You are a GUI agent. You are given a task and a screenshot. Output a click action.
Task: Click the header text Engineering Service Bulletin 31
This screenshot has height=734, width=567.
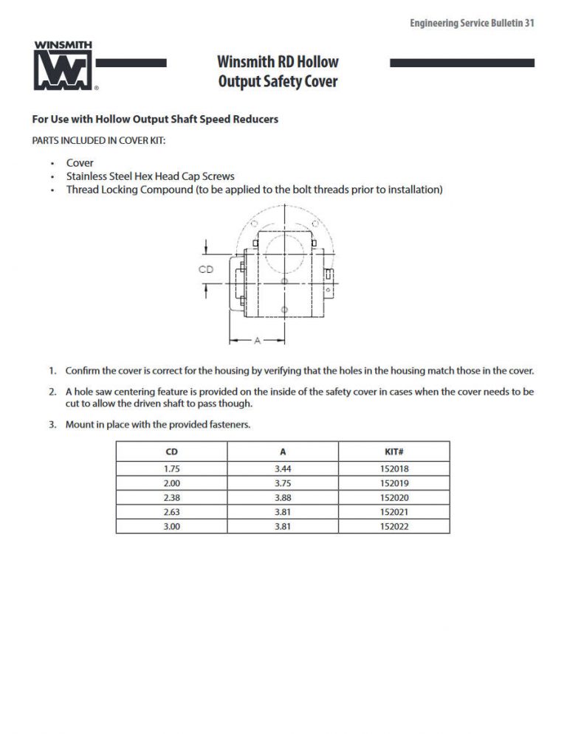tap(472, 23)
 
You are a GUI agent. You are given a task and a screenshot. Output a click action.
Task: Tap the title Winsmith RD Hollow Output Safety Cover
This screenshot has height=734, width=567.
tap(278, 72)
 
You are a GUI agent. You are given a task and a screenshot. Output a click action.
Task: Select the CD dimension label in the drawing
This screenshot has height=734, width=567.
tap(206, 269)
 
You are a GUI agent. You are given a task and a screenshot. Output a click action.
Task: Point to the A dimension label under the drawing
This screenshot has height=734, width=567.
tap(257, 340)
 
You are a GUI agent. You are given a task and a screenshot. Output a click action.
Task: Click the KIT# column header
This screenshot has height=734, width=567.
tap(394, 451)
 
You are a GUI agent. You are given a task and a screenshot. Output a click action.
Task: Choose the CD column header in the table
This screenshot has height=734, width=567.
tap(171, 451)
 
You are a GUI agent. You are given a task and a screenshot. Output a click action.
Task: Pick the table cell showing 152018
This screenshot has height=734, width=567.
tap(394, 468)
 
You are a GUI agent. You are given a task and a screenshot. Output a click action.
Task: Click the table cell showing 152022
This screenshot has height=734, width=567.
tap(394, 527)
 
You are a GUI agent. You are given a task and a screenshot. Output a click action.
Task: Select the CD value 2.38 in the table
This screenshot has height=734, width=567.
tap(171, 498)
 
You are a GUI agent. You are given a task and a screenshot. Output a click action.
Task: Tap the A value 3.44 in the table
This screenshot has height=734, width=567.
tap(283, 468)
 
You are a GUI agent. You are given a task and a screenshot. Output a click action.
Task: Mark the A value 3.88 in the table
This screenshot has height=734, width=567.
tap(283, 498)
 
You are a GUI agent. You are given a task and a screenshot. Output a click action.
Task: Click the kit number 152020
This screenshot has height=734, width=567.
tap(394, 498)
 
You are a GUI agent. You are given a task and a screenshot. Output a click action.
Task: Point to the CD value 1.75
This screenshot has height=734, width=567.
tap(171, 468)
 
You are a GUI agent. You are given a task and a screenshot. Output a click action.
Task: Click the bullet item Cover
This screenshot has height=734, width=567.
tap(80, 163)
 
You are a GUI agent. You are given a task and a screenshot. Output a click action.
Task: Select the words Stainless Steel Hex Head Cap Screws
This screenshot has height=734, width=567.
tap(150, 176)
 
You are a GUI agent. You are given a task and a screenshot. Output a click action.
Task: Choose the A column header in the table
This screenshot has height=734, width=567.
tap(283, 451)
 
